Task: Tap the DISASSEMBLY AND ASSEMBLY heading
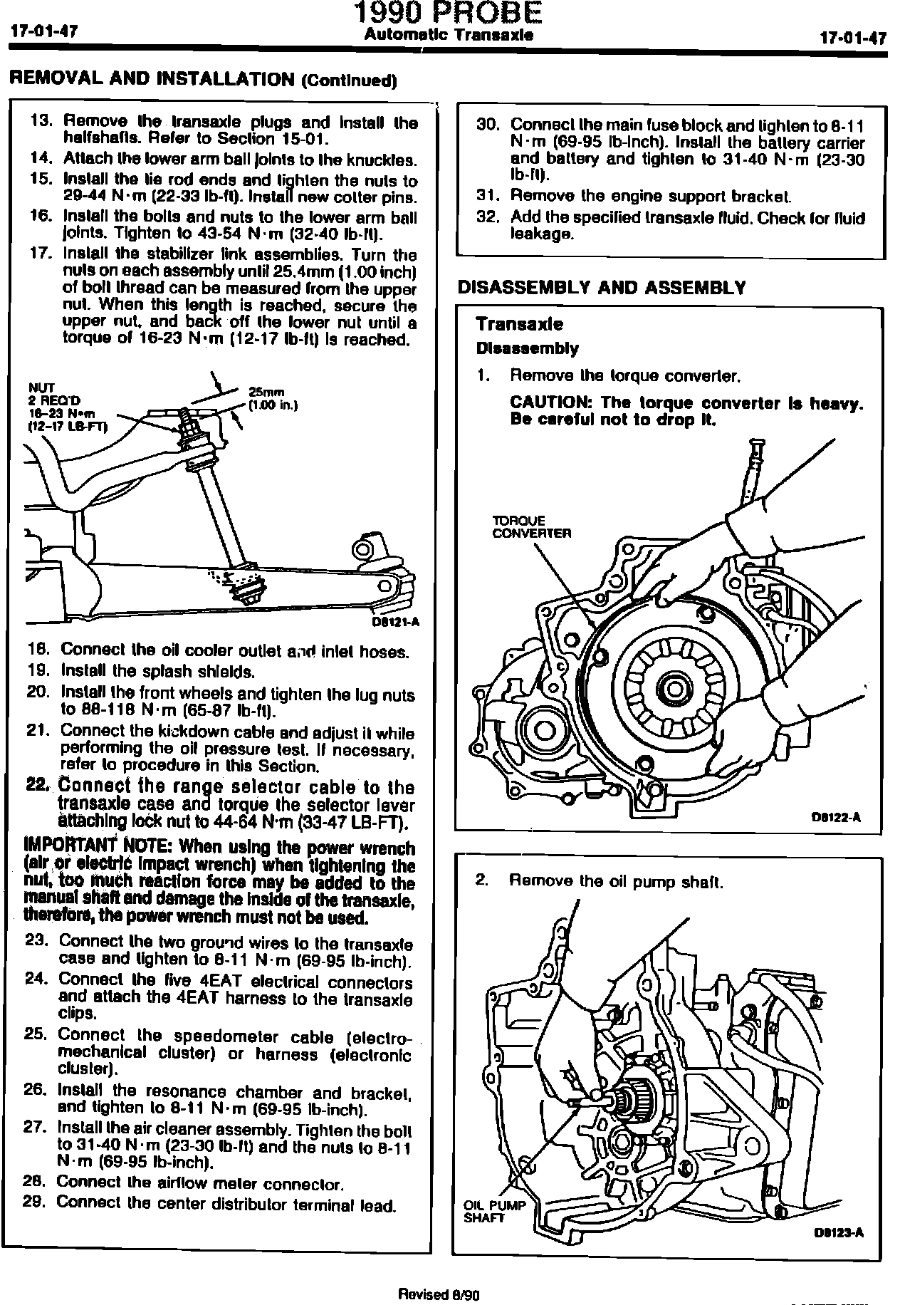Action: [x=602, y=288]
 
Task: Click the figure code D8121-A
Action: [x=396, y=621]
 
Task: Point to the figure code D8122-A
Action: [x=836, y=817]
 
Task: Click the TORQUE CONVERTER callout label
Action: [x=531, y=527]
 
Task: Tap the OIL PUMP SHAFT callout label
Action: [x=494, y=1212]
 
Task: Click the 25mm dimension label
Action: [x=266, y=391]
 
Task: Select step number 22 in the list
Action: [x=36, y=785]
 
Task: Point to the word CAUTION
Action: [x=551, y=403]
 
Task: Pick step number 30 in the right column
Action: [x=488, y=125]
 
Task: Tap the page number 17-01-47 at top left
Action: [x=44, y=32]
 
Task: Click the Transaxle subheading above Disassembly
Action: [x=519, y=324]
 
